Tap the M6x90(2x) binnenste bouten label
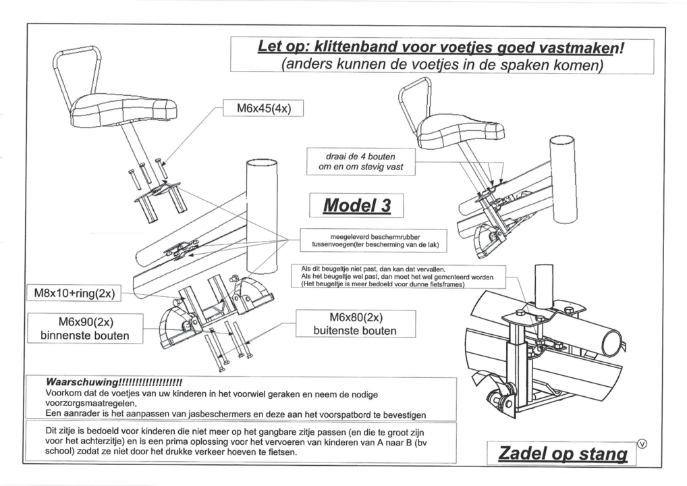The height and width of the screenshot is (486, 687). pyautogui.click(x=85, y=327)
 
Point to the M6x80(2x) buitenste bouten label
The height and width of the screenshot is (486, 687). pyautogui.click(x=356, y=324)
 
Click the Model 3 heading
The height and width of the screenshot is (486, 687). pyautogui.click(x=356, y=205)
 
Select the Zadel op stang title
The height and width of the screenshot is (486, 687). pyautogui.click(x=562, y=454)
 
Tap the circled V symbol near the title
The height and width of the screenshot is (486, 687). pyautogui.click(x=641, y=443)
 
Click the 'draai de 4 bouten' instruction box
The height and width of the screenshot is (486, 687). pyautogui.click(x=360, y=161)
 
